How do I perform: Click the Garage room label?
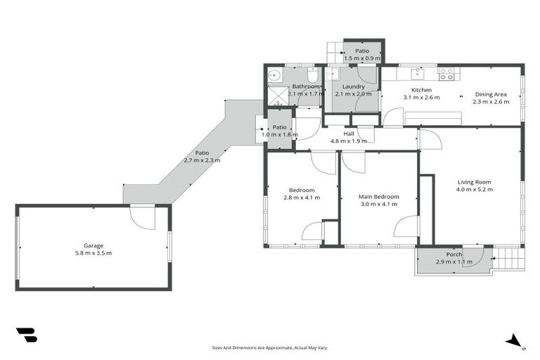tap(94, 245)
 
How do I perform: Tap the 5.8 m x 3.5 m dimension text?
tap(94, 253)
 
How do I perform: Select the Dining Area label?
tap(490, 94)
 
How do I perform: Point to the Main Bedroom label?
tap(379, 197)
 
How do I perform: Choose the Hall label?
tap(349, 134)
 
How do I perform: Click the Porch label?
tap(454, 254)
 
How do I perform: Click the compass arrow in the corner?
tap(515, 340)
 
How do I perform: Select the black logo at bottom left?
tap(27, 335)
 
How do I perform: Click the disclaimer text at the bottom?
tap(270, 347)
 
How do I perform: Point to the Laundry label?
tap(353, 86)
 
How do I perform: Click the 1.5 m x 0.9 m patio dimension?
tap(362, 58)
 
